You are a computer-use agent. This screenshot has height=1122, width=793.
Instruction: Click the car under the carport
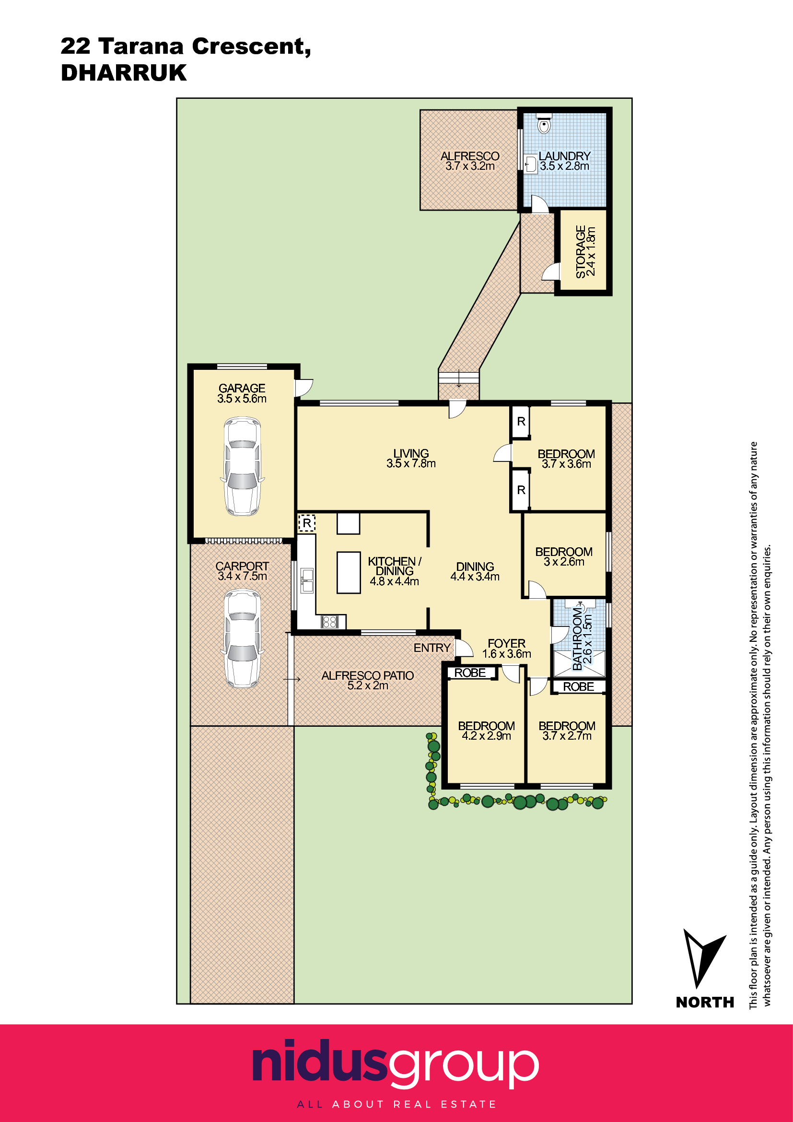(x=242, y=638)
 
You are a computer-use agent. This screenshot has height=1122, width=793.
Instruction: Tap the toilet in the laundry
(x=544, y=124)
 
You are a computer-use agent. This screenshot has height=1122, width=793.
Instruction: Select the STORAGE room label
(x=580, y=252)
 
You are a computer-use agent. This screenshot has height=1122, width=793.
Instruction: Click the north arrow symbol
(x=703, y=958)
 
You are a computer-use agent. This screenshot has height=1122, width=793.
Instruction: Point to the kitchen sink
(x=307, y=580)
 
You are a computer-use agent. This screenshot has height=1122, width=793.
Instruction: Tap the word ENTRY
(x=431, y=648)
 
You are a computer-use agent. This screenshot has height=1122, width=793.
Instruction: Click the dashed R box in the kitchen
(x=307, y=523)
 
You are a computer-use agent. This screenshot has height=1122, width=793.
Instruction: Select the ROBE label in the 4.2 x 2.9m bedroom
(x=470, y=673)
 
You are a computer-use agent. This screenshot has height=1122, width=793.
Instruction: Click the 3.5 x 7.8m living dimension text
(x=411, y=463)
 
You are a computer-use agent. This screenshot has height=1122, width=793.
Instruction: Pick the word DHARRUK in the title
(x=124, y=73)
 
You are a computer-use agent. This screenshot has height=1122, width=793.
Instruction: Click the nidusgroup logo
(x=396, y=1066)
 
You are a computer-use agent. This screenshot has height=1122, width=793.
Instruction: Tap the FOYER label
(x=506, y=644)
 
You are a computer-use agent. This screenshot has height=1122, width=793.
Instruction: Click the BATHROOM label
(x=577, y=638)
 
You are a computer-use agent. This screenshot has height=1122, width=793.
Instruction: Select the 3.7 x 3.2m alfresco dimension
(x=470, y=166)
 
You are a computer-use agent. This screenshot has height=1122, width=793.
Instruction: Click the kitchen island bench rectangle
(x=349, y=572)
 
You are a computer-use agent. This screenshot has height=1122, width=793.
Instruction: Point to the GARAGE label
(x=242, y=388)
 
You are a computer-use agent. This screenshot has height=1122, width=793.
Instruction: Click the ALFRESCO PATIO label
(x=367, y=675)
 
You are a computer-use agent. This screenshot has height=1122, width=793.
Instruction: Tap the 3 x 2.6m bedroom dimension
(x=564, y=562)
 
